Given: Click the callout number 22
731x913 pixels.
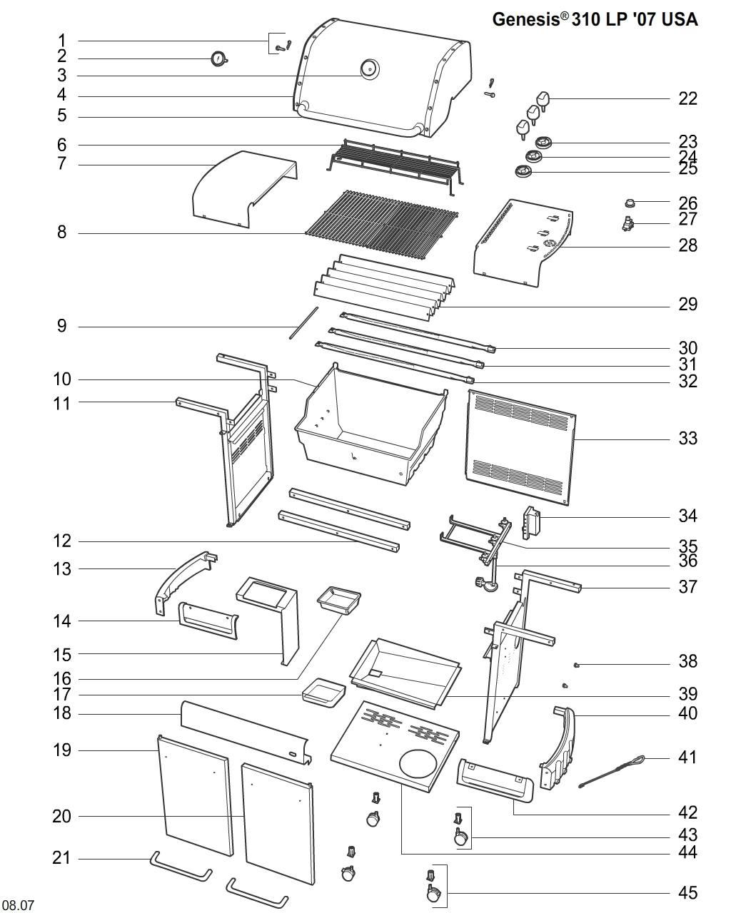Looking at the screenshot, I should (x=687, y=98).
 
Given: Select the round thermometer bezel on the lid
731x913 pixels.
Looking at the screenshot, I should (x=369, y=69).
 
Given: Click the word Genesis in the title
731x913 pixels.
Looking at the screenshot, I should (x=525, y=19).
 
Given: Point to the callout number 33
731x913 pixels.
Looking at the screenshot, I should (x=687, y=438).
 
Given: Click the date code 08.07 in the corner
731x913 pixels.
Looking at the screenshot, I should (x=18, y=905).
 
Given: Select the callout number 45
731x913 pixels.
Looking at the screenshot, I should (x=687, y=892).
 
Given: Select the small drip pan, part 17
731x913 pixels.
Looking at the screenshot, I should (x=323, y=693).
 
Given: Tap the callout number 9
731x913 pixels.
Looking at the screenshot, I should (x=62, y=327).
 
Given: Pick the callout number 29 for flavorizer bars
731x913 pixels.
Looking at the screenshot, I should (x=687, y=305).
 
